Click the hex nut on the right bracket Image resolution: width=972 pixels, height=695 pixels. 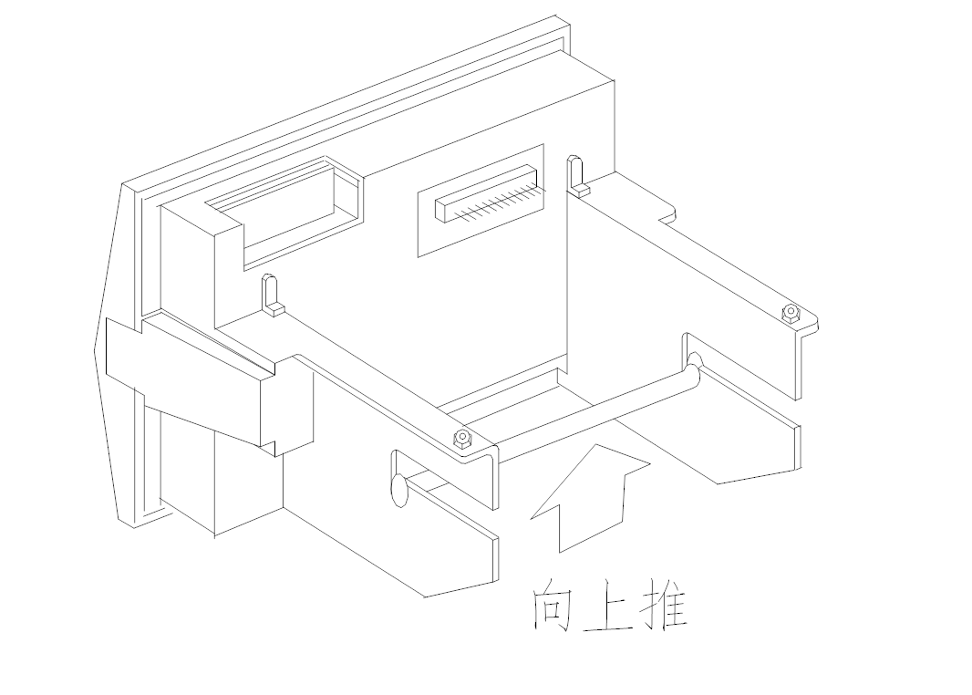[x=791, y=314]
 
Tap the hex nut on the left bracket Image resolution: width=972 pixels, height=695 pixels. [x=462, y=439]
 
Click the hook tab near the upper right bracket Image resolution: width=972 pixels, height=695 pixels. [x=575, y=175]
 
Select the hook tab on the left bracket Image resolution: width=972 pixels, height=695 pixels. [x=270, y=294]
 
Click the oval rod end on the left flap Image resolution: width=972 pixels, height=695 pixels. [x=398, y=489]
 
